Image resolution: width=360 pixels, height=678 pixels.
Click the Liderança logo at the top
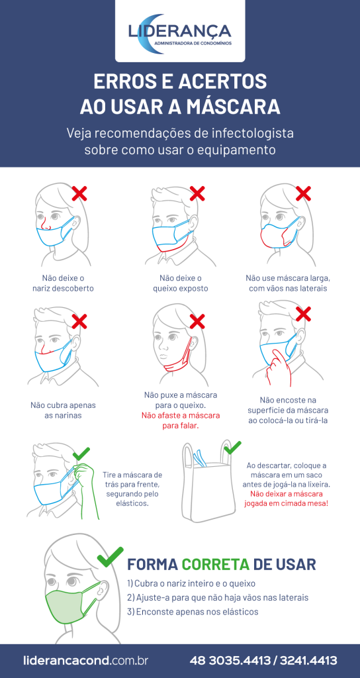pos(180,34)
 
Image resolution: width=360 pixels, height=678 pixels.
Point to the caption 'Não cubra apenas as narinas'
pos(63,411)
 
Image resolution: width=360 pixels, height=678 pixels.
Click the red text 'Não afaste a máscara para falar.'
pos(181,420)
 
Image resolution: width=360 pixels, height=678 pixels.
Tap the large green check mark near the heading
pos(111,557)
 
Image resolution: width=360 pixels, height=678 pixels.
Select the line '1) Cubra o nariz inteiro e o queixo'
pos(191,583)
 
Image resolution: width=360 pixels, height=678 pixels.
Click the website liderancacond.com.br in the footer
pos(85,661)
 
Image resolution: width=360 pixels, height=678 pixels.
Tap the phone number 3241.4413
pos(308,661)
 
